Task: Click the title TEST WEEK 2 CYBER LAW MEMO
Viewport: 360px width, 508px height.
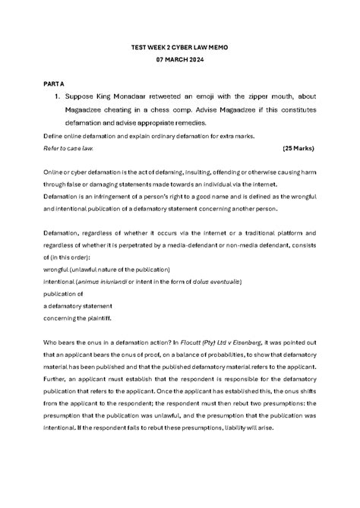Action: tap(179, 47)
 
